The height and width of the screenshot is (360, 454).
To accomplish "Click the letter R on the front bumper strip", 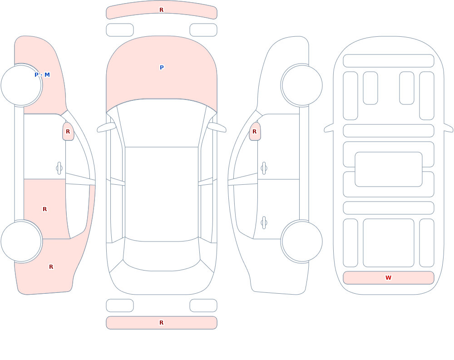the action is (x=161, y=10).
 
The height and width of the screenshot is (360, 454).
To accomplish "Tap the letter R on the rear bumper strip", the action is (x=161, y=323).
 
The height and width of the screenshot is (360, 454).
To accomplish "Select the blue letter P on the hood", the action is (x=162, y=68).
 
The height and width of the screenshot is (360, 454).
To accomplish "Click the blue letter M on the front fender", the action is (x=47, y=75).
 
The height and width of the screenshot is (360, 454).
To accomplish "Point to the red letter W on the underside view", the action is (x=388, y=278).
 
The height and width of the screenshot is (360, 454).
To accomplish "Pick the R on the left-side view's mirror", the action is (x=68, y=132).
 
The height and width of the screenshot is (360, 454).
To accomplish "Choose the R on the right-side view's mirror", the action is (x=255, y=132).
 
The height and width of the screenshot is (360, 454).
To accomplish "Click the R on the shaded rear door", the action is (x=44, y=209).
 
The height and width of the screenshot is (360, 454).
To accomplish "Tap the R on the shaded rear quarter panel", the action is (x=51, y=267).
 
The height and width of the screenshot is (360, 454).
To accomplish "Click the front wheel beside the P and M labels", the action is (x=21, y=85).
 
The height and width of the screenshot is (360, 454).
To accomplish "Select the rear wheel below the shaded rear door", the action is (x=21, y=242).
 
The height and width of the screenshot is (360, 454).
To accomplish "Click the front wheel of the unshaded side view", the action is (x=302, y=85).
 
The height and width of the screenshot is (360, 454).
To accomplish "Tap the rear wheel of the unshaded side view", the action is (x=302, y=242).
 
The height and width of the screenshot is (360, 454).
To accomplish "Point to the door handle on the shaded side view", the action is (x=59, y=168).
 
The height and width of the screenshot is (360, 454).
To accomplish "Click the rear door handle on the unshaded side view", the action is (x=264, y=223).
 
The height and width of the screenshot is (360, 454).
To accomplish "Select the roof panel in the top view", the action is (x=162, y=193).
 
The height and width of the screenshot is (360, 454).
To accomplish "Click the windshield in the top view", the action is (x=162, y=122).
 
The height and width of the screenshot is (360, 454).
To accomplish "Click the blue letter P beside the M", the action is (x=36, y=75).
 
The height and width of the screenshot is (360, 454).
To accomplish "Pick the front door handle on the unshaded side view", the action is (x=264, y=168).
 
